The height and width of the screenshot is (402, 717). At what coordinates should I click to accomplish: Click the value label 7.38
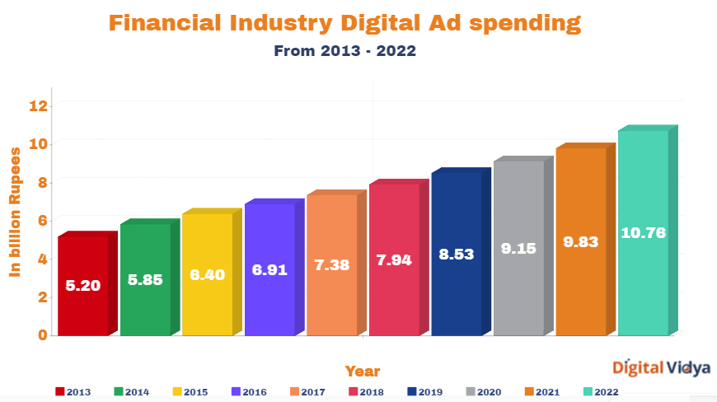click(331, 264)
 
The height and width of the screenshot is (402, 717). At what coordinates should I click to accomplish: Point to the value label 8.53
click(456, 255)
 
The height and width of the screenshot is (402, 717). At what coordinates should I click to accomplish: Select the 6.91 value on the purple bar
click(269, 269)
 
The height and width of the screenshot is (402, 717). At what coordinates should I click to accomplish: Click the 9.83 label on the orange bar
click(580, 241)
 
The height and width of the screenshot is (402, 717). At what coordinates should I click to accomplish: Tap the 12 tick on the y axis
click(38, 105)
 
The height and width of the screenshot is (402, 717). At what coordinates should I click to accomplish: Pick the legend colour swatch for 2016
click(237, 391)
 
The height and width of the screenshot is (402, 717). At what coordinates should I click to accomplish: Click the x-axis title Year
click(363, 371)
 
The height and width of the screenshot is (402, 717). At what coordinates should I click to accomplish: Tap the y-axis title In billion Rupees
click(15, 212)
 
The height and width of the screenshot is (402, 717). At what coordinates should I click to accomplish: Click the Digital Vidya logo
click(661, 368)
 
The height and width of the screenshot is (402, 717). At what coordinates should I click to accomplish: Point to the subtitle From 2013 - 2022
click(344, 51)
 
